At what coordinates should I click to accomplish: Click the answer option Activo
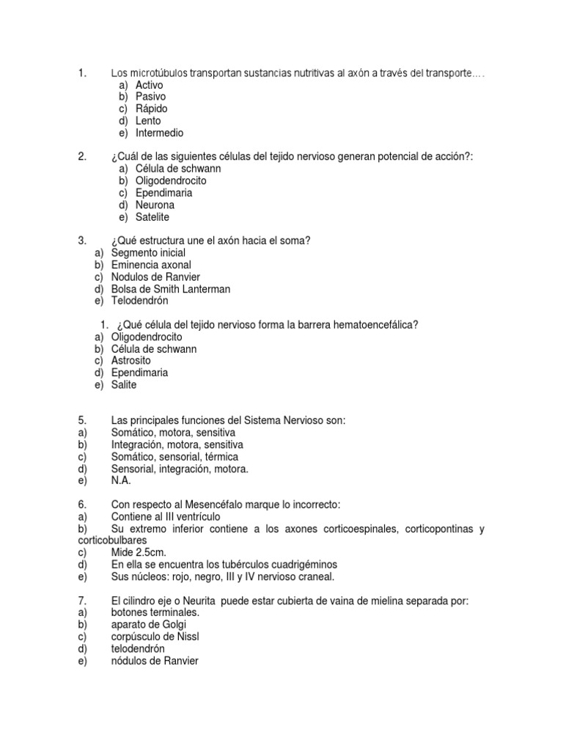point(149,85)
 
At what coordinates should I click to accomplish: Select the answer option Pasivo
point(150,97)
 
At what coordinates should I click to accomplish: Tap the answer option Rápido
point(151,109)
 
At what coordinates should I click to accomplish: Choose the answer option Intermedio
point(159,133)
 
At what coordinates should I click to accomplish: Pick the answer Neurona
point(155,205)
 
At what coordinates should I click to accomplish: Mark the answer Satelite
point(152,217)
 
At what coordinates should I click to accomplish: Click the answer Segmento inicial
point(148,252)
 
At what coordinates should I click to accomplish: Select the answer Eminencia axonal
point(151,264)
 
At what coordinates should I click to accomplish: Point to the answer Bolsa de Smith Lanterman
point(170,289)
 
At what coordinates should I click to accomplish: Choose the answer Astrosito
point(130,360)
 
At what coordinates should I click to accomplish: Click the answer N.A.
point(121,480)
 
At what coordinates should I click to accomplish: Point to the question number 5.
point(81,420)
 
